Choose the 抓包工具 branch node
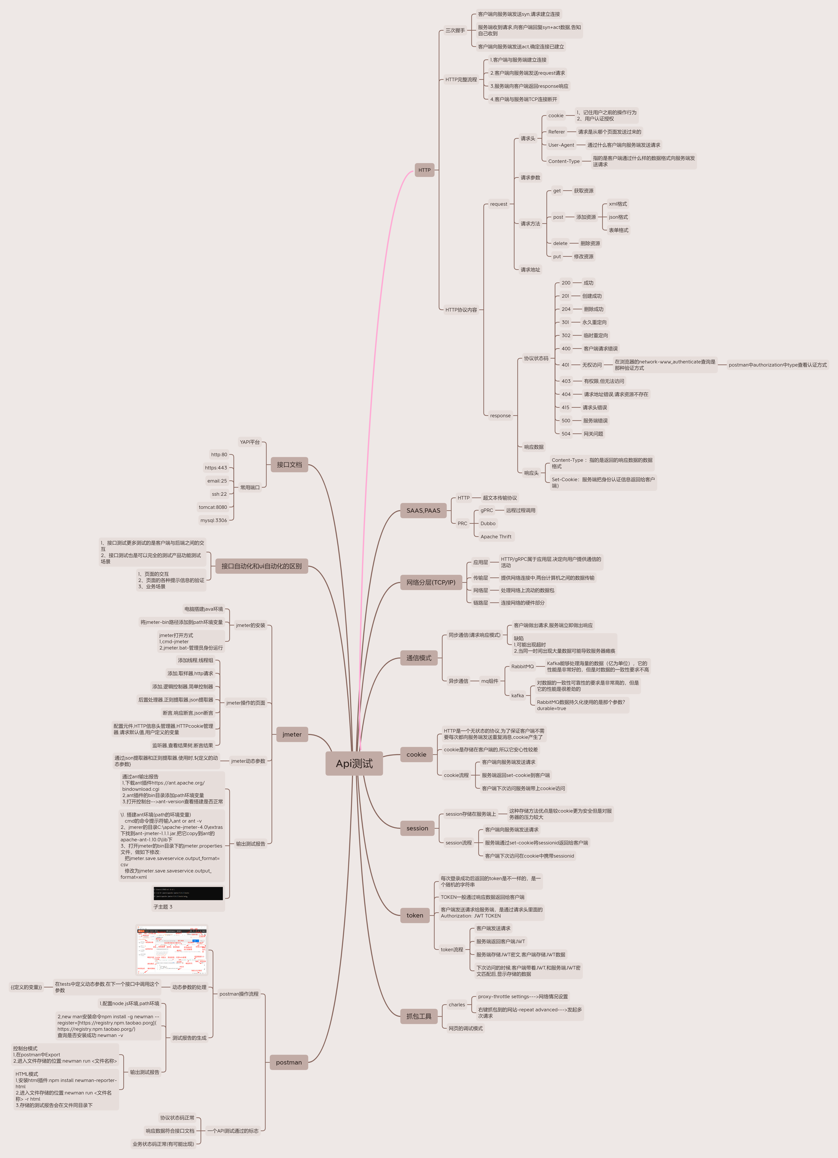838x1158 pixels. [419, 1016]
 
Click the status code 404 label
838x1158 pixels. [566, 394]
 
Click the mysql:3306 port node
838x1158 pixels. [213, 520]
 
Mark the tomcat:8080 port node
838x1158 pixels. [213, 507]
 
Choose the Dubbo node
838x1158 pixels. [488, 523]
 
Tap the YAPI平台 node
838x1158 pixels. [250, 442]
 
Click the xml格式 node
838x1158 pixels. [617, 204]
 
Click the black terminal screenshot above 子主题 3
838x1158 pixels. [188, 893]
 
